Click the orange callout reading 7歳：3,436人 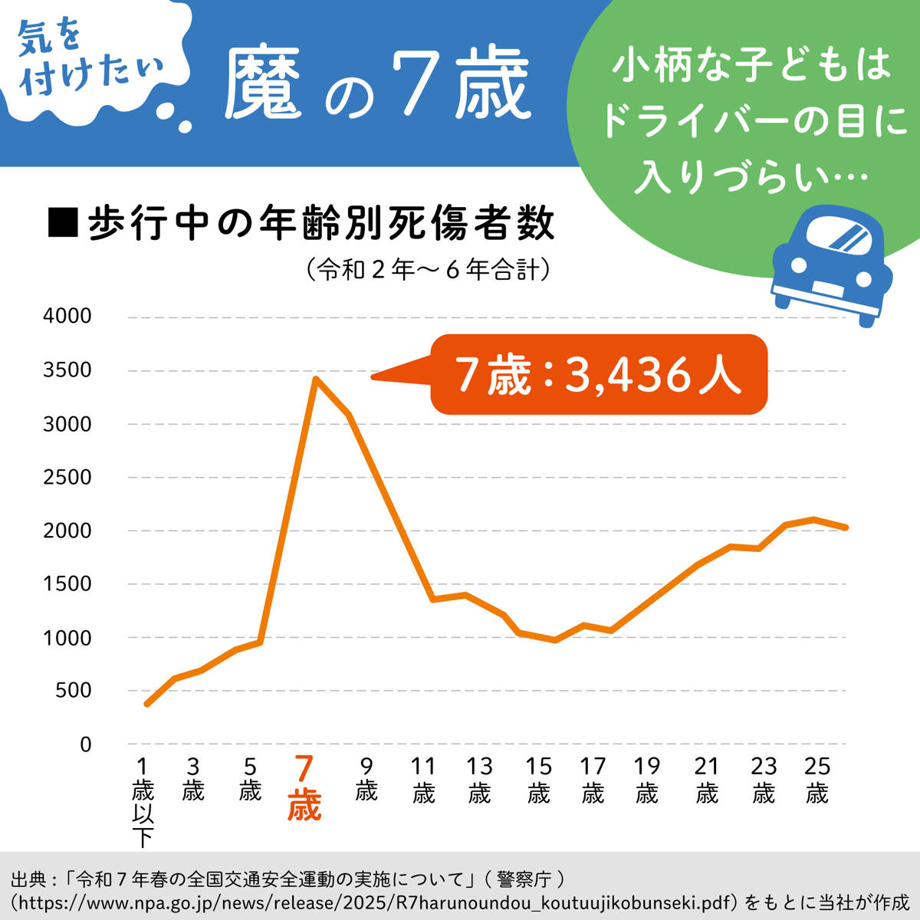(x=598, y=375)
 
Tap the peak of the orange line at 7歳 (x=316, y=379)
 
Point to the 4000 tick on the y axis (x=67, y=316)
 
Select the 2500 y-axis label (x=67, y=477)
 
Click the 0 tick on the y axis (x=85, y=744)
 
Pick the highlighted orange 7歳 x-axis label (x=304, y=787)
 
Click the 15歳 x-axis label (x=538, y=779)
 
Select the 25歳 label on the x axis (x=817, y=779)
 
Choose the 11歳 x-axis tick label (x=423, y=779)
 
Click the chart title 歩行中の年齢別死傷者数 (x=320, y=223)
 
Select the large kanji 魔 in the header (x=263, y=83)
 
